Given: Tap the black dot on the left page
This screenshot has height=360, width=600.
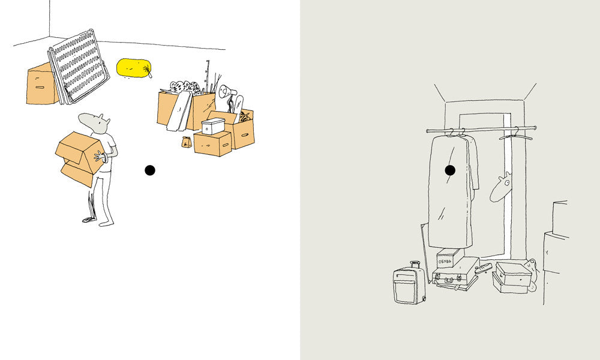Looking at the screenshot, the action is click(150, 170).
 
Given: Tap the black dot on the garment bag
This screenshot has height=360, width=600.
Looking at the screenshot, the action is click(450, 170).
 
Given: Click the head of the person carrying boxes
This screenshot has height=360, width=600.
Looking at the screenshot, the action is click(95, 123).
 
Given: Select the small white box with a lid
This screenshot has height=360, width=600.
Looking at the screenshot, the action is click(213, 126).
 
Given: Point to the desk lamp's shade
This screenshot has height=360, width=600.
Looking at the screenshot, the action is click(224, 91).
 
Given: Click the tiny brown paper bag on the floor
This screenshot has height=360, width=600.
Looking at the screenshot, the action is click(187, 142).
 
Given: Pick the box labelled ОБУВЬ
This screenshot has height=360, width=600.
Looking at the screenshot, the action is click(450, 258).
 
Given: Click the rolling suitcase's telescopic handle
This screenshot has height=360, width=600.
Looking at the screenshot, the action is click(415, 265).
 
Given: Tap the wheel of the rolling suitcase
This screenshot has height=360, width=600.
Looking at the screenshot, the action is click(424, 298).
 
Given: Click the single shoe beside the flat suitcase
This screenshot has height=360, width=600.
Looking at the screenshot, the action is click(483, 268).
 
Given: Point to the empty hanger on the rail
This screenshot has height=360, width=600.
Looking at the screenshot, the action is click(515, 135).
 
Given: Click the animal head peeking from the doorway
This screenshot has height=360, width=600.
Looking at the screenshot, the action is click(501, 187).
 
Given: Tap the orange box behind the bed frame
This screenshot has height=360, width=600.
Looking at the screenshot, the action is click(41, 85).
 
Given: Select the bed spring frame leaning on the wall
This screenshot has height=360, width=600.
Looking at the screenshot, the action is click(79, 66).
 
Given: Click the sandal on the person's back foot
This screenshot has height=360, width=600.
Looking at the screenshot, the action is click(89, 220).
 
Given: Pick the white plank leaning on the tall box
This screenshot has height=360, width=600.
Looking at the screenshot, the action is click(179, 112).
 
